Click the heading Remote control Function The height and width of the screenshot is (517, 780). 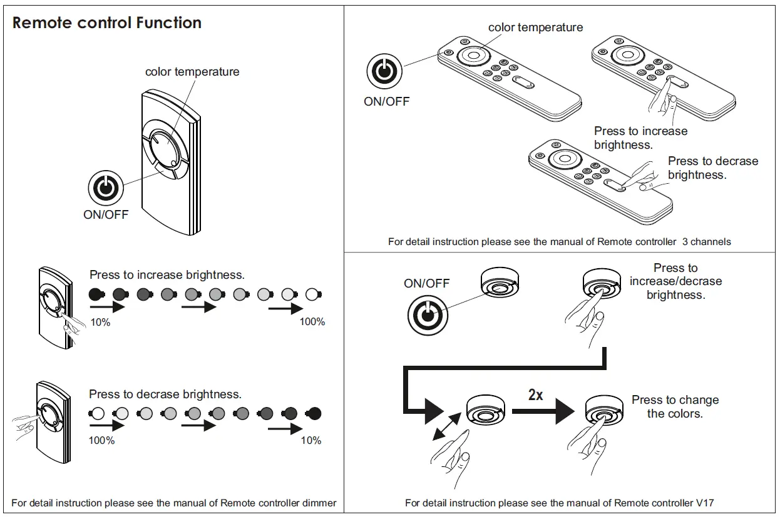click(107, 23)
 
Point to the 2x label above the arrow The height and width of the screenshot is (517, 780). click(536, 394)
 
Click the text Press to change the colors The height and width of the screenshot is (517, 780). click(675, 406)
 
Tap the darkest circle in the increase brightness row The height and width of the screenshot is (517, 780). click(95, 293)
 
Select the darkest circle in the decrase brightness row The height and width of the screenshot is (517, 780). click(314, 413)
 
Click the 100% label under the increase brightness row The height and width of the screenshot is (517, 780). click(312, 322)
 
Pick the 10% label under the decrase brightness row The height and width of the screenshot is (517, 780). click(311, 441)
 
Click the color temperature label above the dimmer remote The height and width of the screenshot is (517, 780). click(192, 71)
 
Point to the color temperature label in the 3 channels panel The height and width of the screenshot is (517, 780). click(535, 27)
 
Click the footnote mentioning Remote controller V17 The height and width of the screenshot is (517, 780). click(560, 503)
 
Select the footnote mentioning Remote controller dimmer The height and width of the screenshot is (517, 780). click(174, 503)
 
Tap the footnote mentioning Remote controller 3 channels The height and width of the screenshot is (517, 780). click(559, 241)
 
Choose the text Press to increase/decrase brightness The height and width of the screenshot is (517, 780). click(675, 281)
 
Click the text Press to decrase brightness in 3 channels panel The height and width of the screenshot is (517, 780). click(712, 168)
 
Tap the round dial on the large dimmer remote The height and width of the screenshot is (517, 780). click(165, 150)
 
